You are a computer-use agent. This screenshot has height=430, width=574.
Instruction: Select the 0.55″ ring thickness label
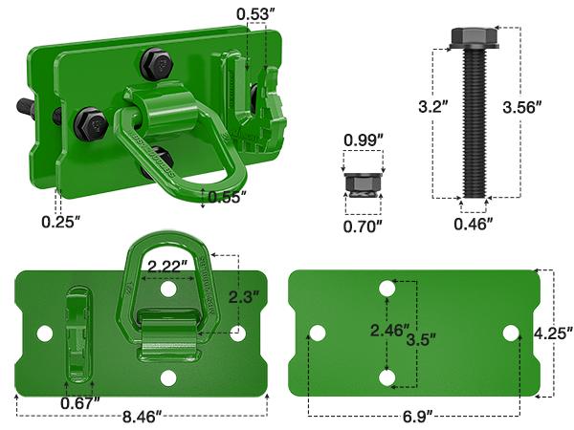227,197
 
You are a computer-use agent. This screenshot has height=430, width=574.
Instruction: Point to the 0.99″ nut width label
363,140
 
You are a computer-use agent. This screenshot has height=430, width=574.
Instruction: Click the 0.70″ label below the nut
363,226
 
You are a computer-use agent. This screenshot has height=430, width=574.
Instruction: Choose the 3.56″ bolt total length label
521,107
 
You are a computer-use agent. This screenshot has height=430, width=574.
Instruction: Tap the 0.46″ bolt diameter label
474,225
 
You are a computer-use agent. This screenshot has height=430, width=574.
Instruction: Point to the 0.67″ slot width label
81,402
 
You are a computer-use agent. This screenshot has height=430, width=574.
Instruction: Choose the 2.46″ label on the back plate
386,331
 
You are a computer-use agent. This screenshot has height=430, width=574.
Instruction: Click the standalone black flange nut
364,183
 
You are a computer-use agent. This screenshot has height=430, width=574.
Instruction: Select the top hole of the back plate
386,288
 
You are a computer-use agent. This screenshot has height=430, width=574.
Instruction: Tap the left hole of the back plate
317,333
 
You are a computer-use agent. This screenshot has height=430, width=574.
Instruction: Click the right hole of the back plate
511,333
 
